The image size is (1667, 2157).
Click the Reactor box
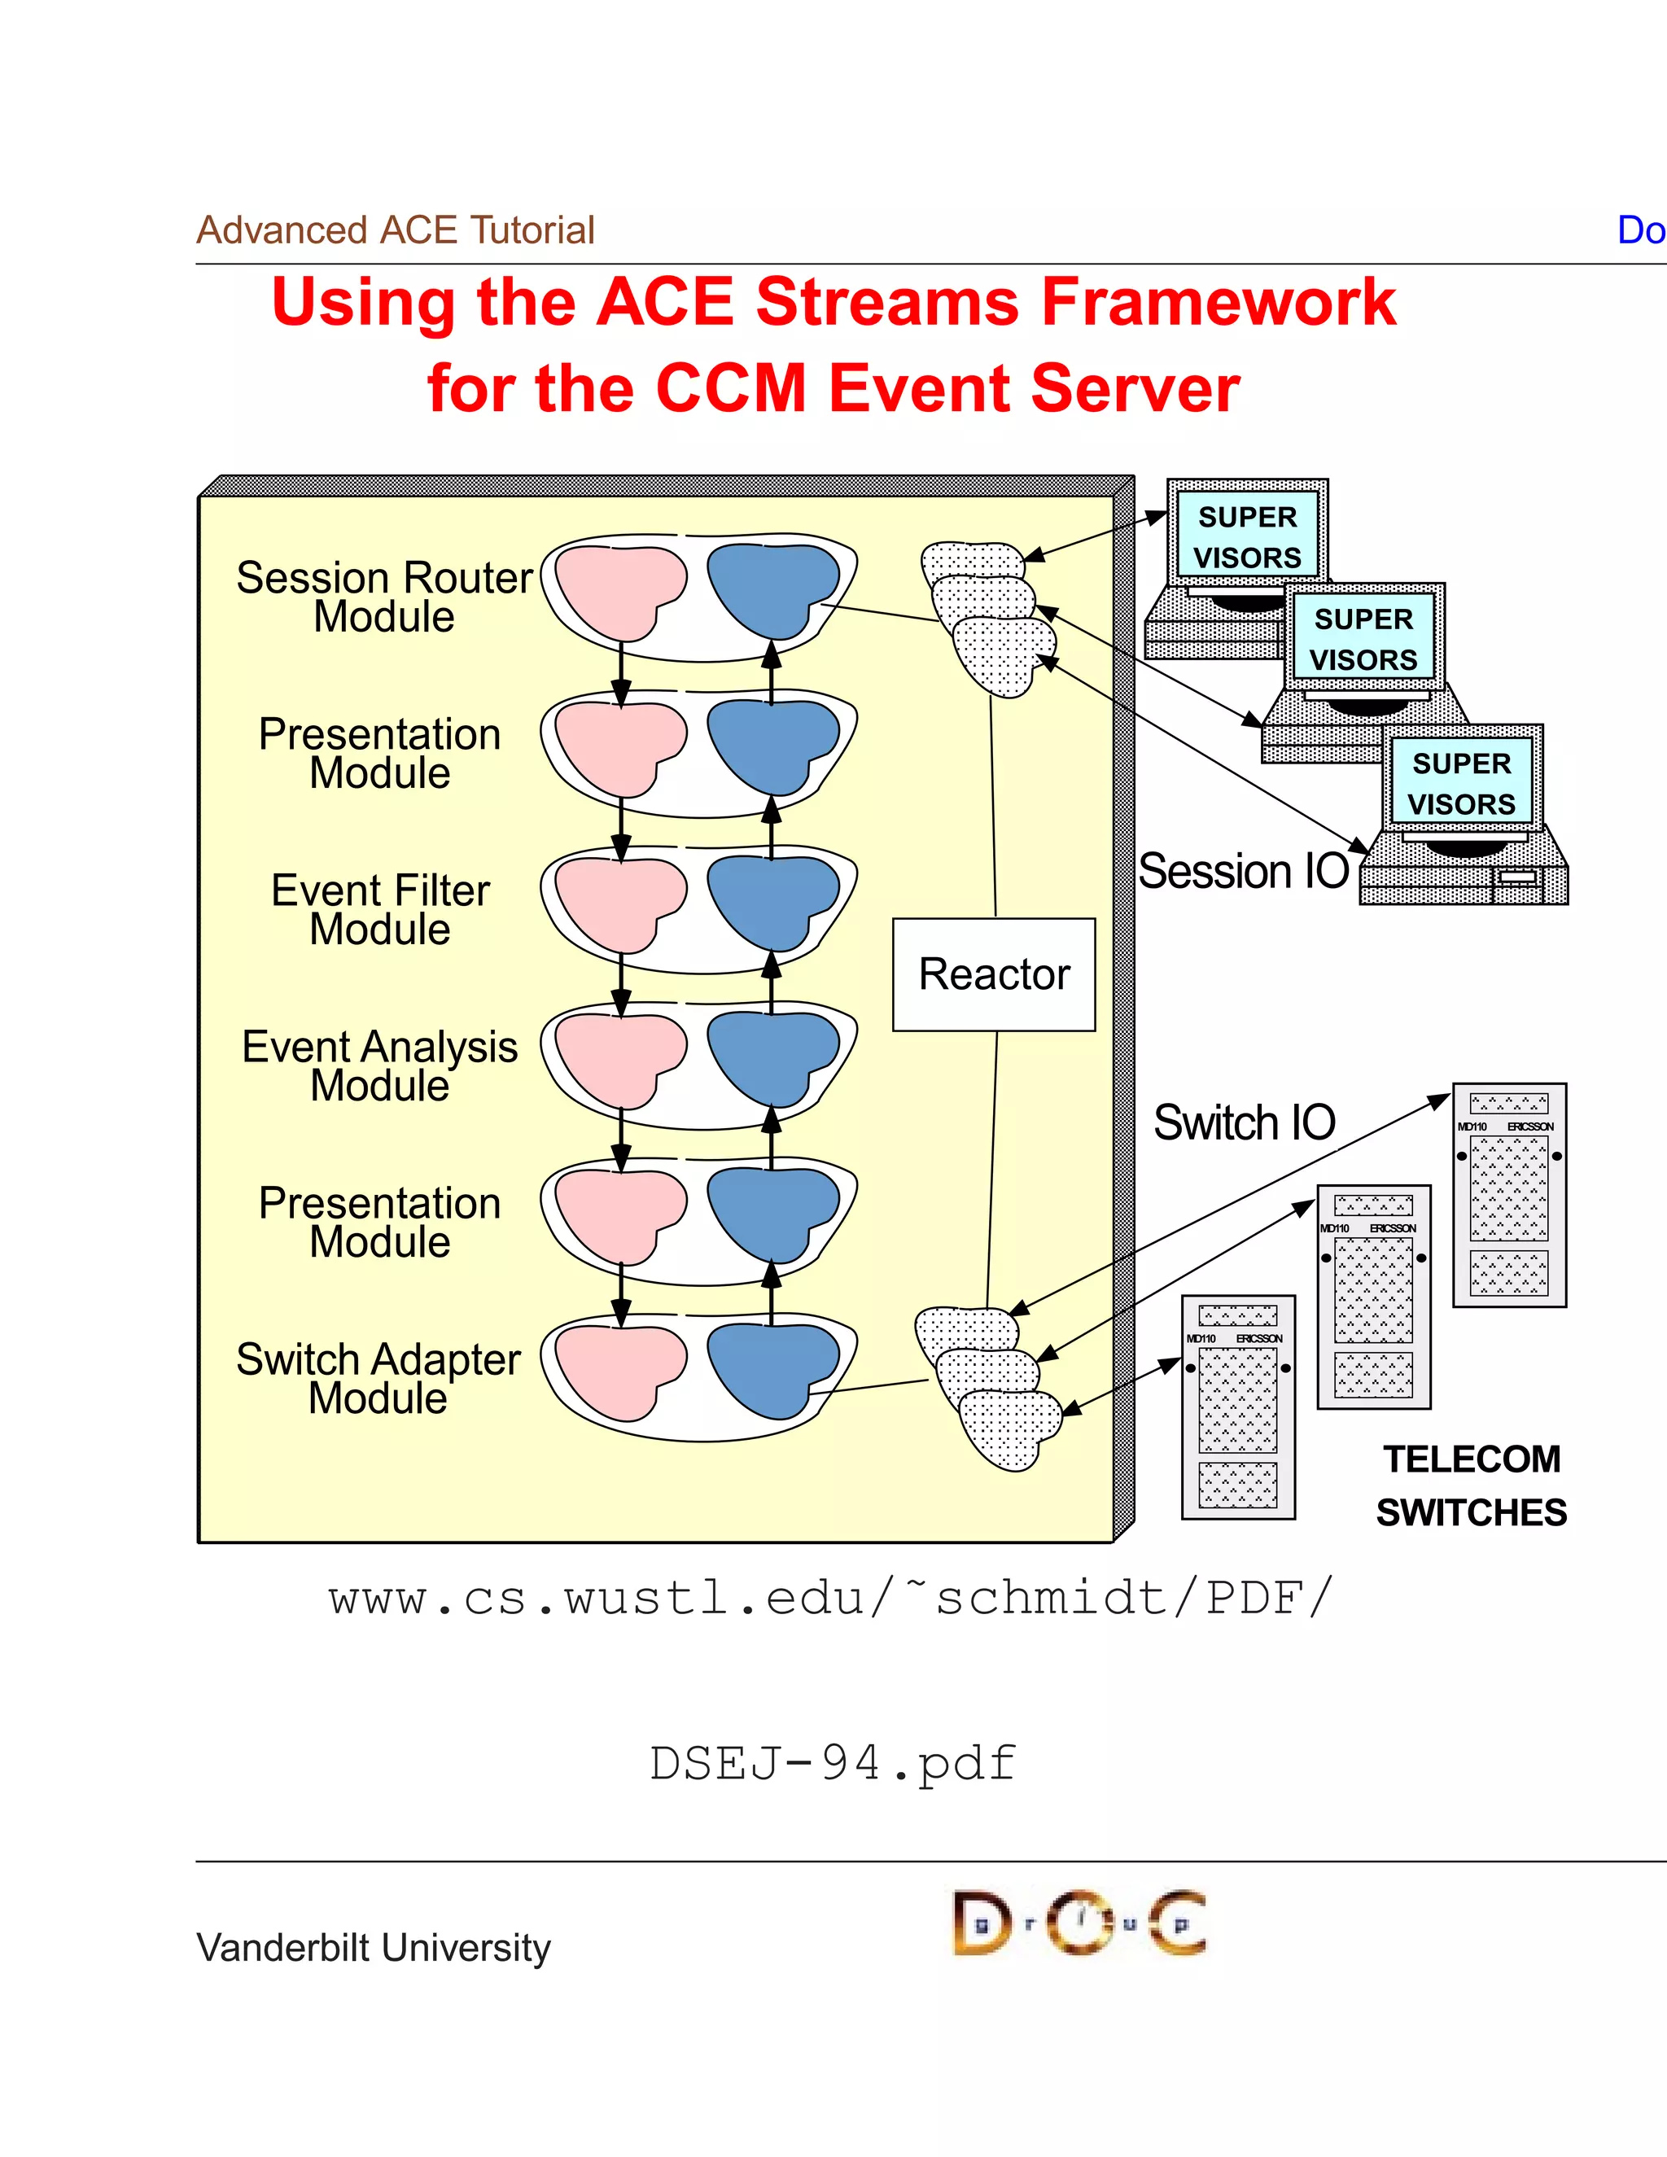[x=994, y=975]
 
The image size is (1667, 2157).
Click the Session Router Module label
[x=384, y=597]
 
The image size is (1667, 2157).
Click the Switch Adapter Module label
[x=378, y=1379]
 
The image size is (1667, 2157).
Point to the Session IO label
[x=1244, y=871]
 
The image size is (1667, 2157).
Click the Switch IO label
[x=1245, y=1123]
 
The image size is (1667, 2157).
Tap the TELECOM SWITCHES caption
[x=1471, y=1485]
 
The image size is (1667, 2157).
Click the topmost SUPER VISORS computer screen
[x=1247, y=536]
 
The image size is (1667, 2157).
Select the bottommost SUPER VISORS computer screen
[x=1462, y=783]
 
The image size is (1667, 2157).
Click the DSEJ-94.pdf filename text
[x=833, y=1763]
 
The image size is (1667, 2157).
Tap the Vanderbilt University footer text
[x=374, y=1948]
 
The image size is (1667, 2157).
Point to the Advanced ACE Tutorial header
[x=395, y=230]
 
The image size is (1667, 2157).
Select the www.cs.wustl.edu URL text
[x=830, y=1597]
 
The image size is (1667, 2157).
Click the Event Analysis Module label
[x=380, y=1065]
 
